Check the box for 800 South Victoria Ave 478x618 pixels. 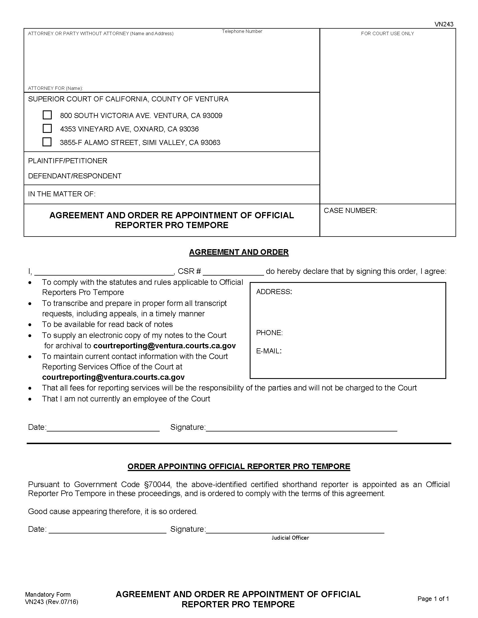point(47,115)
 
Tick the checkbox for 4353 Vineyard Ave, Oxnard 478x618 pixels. point(47,128)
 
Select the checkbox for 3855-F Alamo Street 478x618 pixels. point(47,142)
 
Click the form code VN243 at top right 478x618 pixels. point(444,24)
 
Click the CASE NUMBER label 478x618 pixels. point(350,210)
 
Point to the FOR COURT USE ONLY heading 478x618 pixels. point(387,33)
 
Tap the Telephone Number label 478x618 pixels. point(242,31)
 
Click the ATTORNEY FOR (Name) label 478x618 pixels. point(55,88)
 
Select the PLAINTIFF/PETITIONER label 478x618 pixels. point(67,161)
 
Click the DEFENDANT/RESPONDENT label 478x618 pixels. point(75,176)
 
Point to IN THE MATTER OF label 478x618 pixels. point(62,194)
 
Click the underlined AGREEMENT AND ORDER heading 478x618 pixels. point(239,252)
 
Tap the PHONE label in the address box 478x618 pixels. point(269,333)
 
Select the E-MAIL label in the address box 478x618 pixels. point(269,351)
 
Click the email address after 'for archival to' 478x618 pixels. point(164,346)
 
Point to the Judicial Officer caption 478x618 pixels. point(290,538)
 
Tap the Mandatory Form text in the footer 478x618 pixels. point(48,594)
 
